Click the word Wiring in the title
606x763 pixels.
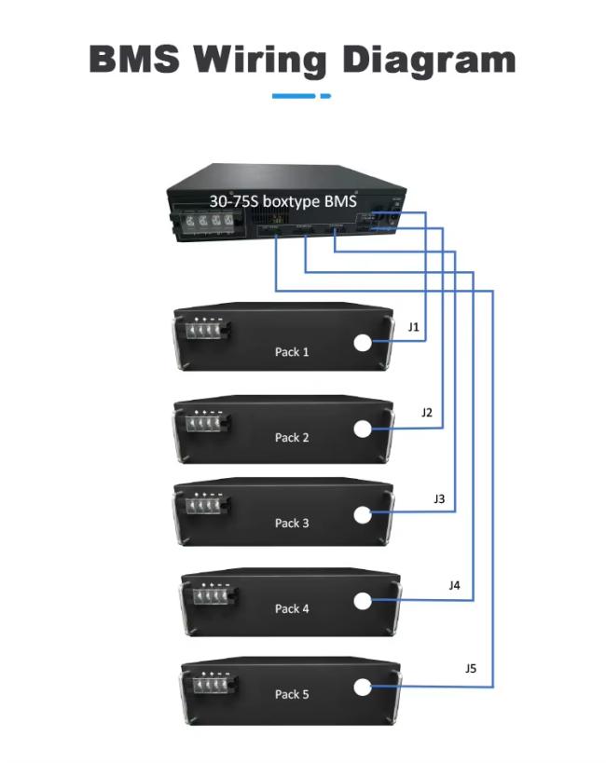tap(260, 61)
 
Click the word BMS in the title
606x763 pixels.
tap(134, 59)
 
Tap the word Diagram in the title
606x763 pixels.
tap(429, 61)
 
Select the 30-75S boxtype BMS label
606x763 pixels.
tap(283, 201)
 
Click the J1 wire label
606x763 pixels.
tap(414, 327)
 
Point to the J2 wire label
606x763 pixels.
tap(427, 413)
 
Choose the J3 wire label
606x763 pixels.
tap(439, 498)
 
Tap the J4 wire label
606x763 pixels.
tap(455, 585)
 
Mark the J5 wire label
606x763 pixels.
tap(471, 668)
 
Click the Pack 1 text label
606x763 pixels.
tap(292, 352)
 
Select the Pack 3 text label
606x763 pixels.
tap(292, 523)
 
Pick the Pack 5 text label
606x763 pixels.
tap(292, 694)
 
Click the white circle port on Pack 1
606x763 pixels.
tap(363, 343)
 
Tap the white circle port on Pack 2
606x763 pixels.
tap(363, 429)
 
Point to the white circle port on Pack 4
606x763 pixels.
tap(363, 601)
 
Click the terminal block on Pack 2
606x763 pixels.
tap(208, 422)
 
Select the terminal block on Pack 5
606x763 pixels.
tap(214, 684)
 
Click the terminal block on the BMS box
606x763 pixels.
tap(207, 222)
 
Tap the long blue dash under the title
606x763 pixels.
tap(294, 96)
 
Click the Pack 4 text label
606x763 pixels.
tap(292, 608)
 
